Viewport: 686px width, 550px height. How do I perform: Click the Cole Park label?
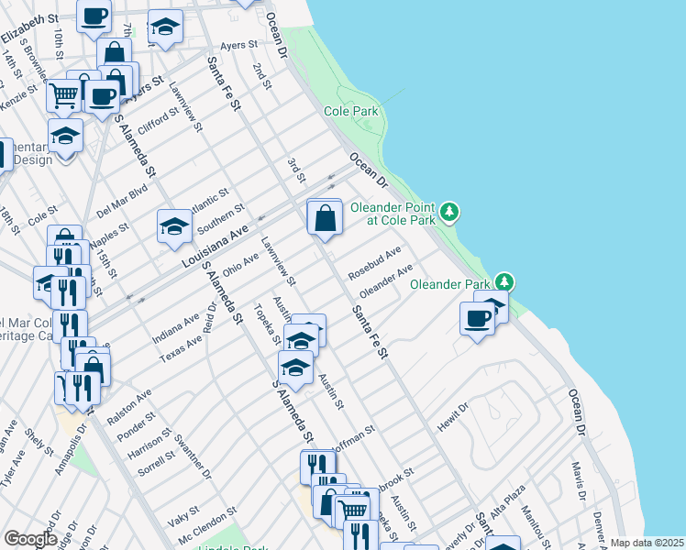pos(350,112)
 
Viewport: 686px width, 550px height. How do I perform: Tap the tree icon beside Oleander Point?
pos(448,213)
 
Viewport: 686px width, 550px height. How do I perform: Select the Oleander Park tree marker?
pos(503,282)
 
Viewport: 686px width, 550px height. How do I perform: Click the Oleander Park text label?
pos(451,284)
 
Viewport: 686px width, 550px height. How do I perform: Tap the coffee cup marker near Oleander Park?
pos(476,319)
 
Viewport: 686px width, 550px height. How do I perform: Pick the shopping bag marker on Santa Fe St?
pos(325,219)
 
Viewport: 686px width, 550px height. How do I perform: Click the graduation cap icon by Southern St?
pos(173,226)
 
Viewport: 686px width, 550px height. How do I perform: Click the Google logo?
pos(30,538)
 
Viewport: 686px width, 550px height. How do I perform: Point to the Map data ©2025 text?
pos(647,543)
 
